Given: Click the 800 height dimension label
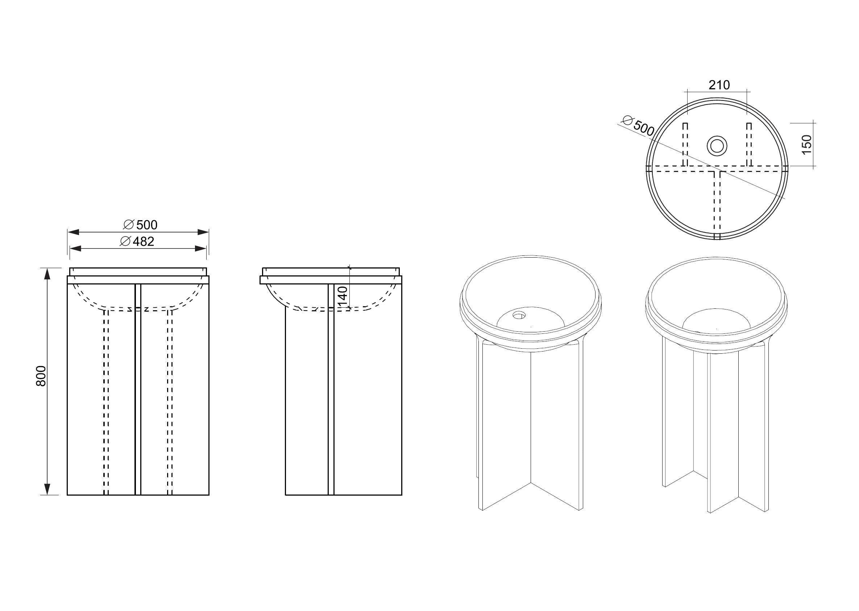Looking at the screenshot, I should (41, 376).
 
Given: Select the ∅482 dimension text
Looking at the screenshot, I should (137, 242).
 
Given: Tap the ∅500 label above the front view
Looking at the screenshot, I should (140, 225).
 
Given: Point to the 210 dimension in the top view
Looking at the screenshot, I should (719, 85).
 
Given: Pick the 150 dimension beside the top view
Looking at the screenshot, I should (806, 144).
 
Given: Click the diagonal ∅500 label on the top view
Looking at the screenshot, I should (638, 126).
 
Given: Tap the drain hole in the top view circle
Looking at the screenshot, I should (717, 145).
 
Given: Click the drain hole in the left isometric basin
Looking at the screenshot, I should (519, 315).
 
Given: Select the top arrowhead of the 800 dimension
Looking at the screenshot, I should (47, 274).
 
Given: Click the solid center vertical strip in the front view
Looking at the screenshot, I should (138, 391).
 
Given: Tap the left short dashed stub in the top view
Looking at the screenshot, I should (685, 145).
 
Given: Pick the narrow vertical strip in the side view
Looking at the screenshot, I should (331, 391).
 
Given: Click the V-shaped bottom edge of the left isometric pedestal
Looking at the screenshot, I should (531, 483).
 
